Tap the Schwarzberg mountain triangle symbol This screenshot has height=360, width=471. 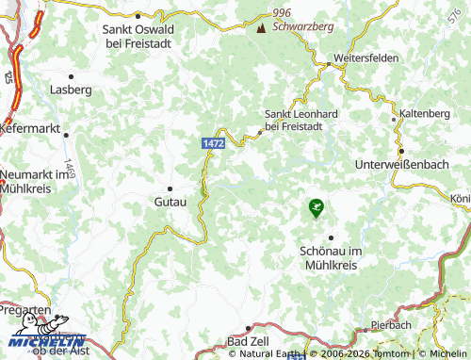[x=261, y=27]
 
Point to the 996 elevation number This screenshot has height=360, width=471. [x=282, y=11]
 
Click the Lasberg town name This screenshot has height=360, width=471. [x=71, y=90]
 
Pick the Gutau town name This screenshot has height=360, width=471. [x=171, y=202]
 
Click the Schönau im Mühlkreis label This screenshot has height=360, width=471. [x=330, y=258]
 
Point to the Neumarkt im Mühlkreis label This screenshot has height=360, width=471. [x=38, y=181]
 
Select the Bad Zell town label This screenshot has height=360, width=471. [x=249, y=339]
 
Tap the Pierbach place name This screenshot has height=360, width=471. [x=391, y=324]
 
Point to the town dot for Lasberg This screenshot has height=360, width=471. [x=71, y=75]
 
